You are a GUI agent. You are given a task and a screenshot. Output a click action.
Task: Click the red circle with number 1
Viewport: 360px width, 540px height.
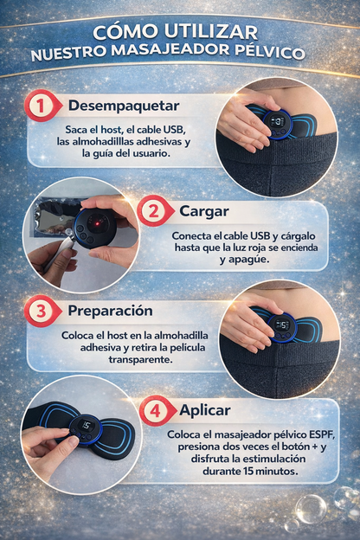click(39, 106)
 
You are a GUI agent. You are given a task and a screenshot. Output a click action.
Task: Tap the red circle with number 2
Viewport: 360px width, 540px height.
click(151, 211)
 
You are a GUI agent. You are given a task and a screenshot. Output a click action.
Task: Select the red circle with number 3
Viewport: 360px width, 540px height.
click(39, 311)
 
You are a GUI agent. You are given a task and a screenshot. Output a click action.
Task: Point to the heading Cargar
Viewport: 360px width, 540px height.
click(204, 211)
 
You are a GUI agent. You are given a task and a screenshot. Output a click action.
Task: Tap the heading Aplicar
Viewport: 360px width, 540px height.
click(206, 410)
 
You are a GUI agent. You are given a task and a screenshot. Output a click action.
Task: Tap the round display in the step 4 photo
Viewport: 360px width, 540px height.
click(86, 427)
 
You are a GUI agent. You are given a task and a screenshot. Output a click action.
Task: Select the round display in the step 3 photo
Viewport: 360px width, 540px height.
click(281, 325)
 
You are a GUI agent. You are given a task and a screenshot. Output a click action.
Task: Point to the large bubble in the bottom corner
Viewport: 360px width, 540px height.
click(310, 509)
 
